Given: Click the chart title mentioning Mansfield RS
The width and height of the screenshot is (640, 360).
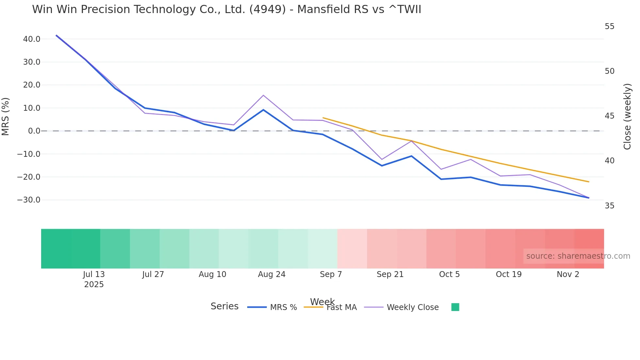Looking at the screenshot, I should click(x=227, y=9).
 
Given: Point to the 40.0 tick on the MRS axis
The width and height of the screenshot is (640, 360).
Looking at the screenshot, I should click(x=32, y=39).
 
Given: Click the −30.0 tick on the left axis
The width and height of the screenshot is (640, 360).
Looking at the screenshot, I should click(x=29, y=200).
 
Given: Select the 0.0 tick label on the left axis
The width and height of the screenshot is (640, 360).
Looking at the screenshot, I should click(x=34, y=131).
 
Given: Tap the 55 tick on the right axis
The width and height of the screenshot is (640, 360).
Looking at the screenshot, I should click(x=609, y=26).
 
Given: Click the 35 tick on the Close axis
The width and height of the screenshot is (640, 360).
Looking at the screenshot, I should click(x=609, y=206).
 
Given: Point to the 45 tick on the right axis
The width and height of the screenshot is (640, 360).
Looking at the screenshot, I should click(x=609, y=116).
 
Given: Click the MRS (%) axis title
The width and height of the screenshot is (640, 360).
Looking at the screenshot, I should click(x=6, y=117).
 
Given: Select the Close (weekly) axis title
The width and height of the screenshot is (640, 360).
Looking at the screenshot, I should click(x=627, y=117).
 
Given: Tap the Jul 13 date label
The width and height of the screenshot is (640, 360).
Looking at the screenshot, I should click(x=94, y=274).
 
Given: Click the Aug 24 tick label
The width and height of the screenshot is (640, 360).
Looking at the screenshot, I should click(x=272, y=274).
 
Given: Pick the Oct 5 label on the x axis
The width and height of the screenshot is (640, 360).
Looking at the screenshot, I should click(x=449, y=274).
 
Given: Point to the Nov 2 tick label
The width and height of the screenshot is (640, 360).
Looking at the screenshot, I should click(x=568, y=274).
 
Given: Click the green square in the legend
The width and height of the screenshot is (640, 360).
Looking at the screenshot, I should click(x=455, y=307).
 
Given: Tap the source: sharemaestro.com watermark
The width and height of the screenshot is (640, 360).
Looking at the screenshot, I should click(x=578, y=256).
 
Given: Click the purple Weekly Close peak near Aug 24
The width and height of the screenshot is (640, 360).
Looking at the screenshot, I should click(x=263, y=95).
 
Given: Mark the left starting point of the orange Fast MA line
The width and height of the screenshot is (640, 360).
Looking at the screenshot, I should click(x=323, y=118).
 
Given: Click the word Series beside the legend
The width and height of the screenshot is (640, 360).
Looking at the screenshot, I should click(x=224, y=306).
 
